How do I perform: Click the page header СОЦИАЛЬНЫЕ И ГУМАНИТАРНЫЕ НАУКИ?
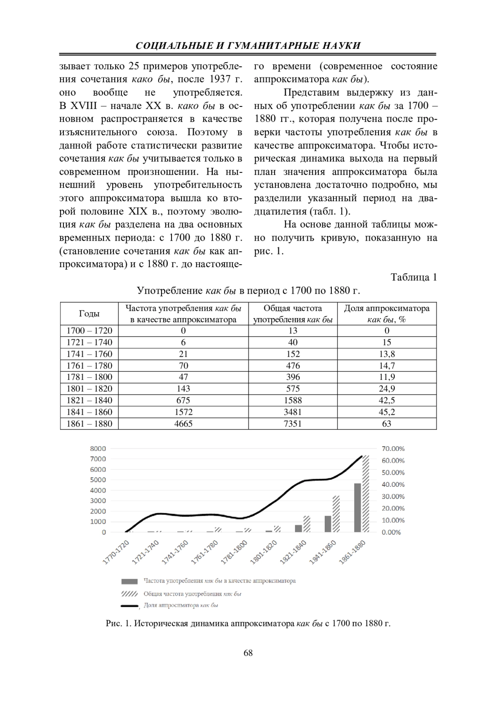click(x=248, y=46)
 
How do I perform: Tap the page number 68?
click(x=248, y=653)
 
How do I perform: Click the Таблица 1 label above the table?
click(x=414, y=277)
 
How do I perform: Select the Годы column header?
click(x=89, y=314)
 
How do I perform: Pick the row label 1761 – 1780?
click(x=89, y=365)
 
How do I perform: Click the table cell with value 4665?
click(x=183, y=423)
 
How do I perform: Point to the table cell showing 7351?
click(x=293, y=423)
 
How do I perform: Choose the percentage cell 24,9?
click(x=386, y=389)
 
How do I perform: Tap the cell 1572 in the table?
click(x=183, y=412)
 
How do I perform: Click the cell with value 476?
click(x=293, y=365)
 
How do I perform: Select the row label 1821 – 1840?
click(x=89, y=400)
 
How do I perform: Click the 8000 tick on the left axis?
click(x=98, y=448)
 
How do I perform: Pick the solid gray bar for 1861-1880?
click(x=357, y=507)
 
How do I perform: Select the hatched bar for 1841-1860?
click(x=336, y=514)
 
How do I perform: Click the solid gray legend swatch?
click(x=129, y=581)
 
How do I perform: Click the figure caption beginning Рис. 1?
click(x=248, y=623)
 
